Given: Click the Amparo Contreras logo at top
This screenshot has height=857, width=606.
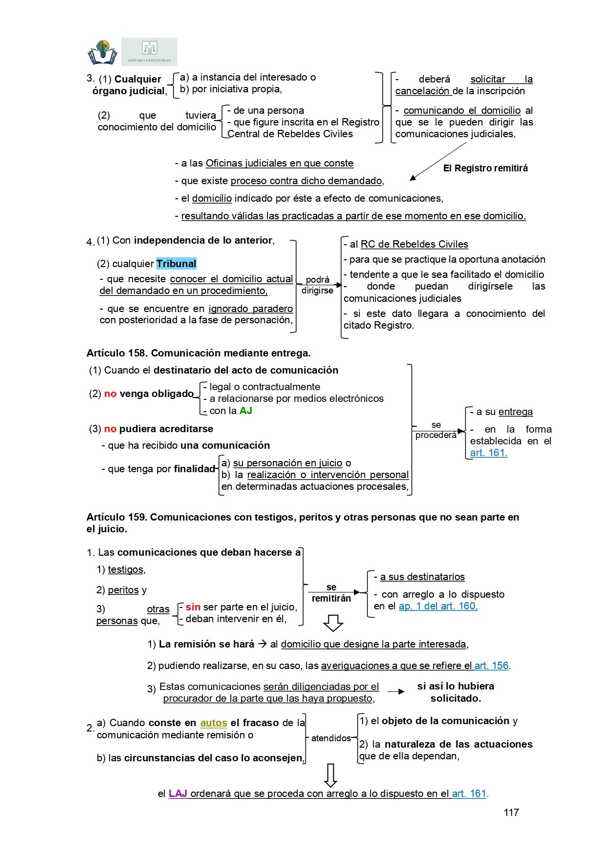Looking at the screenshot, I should click(149, 52).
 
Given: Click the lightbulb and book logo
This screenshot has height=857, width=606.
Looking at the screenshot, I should click(103, 52).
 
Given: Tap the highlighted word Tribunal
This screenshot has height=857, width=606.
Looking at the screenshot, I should click(176, 264).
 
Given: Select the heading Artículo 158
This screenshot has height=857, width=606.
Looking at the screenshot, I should click(198, 353).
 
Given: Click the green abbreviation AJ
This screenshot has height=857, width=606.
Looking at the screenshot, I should click(246, 411).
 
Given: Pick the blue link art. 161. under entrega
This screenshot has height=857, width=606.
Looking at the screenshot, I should click(489, 453).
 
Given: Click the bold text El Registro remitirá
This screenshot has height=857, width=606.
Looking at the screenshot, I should click(485, 168).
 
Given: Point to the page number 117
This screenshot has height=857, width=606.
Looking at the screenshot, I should click(511, 813).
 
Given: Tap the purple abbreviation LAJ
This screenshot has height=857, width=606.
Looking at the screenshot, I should click(178, 794).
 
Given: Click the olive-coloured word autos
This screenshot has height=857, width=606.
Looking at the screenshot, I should click(214, 723).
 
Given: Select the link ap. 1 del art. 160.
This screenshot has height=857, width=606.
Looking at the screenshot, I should click(438, 606).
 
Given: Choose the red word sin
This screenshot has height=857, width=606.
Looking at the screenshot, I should click(193, 607).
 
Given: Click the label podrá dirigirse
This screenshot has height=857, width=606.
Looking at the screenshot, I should click(318, 285).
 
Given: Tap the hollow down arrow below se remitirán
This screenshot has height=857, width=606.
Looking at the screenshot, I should click(333, 623).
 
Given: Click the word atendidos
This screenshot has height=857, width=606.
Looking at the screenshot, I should click(331, 738).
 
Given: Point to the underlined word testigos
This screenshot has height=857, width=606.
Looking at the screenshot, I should click(126, 569).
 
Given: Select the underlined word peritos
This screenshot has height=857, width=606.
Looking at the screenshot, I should click(123, 590).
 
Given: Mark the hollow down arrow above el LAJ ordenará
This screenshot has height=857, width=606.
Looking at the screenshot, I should click(331, 775).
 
